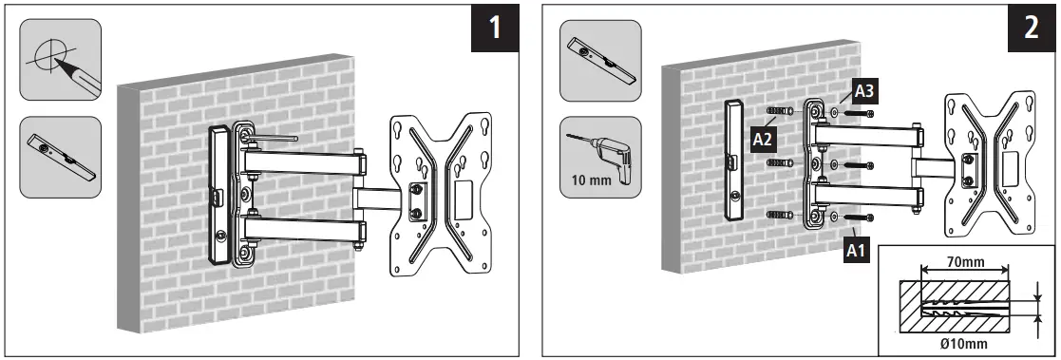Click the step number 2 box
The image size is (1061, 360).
[1031, 28]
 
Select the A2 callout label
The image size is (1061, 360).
[762, 140]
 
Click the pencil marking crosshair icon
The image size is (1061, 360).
[59, 60]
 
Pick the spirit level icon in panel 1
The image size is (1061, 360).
[61, 158]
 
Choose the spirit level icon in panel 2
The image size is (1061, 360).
[599, 60]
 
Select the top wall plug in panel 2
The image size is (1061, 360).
[780, 112]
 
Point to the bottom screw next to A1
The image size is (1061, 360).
[861, 219]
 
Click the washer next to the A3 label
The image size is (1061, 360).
[833, 113]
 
